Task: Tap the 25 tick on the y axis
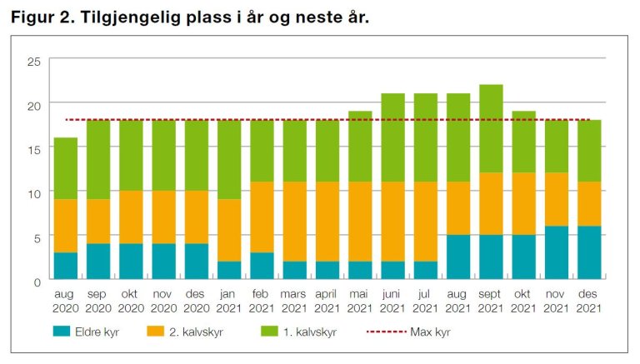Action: [34, 62]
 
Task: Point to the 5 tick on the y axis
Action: [37, 237]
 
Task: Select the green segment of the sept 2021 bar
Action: [492, 128]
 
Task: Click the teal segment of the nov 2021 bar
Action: [557, 252]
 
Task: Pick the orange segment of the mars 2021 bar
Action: [295, 222]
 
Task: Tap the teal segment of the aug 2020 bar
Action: [66, 266]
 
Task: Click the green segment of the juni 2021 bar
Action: [393, 137]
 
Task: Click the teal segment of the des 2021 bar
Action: [590, 252]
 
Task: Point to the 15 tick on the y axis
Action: [34, 149]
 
